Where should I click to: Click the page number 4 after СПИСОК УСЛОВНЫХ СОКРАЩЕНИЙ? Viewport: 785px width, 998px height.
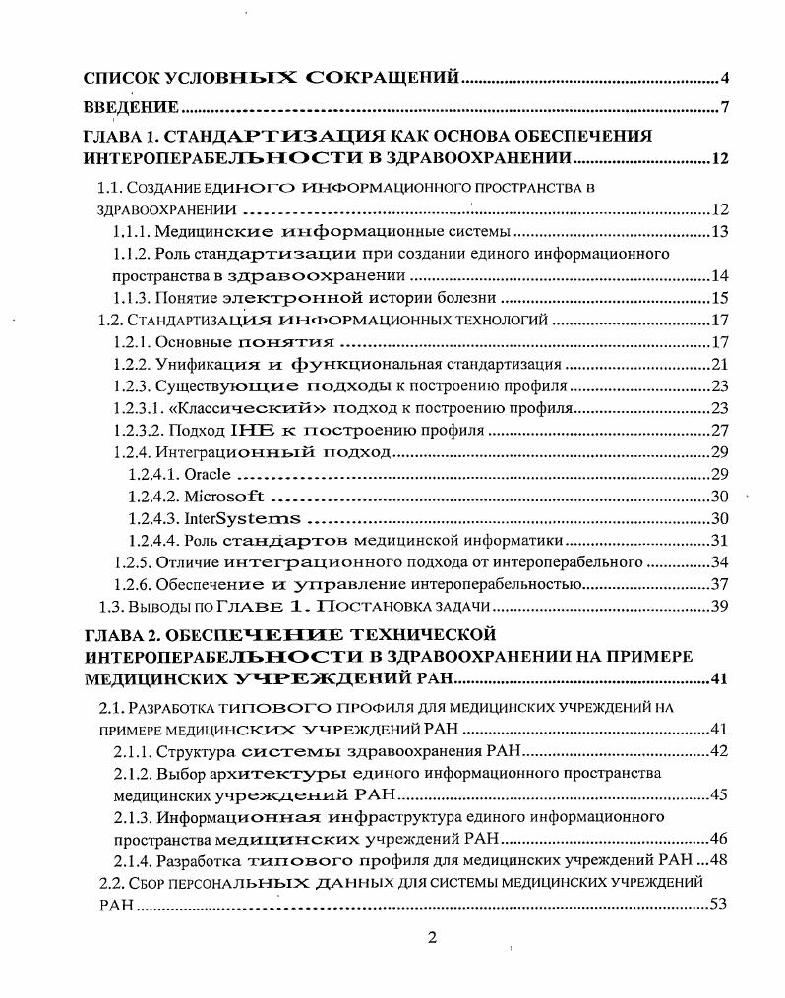(x=722, y=77)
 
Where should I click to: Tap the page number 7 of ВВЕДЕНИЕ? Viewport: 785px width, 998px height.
(x=723, y=107)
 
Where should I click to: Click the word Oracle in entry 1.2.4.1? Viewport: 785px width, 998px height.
(x=208, y=474)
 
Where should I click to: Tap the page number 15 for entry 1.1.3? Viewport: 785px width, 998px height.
(x=719, y=298)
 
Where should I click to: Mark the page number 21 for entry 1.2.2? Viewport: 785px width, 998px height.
(x=719, y=364)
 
